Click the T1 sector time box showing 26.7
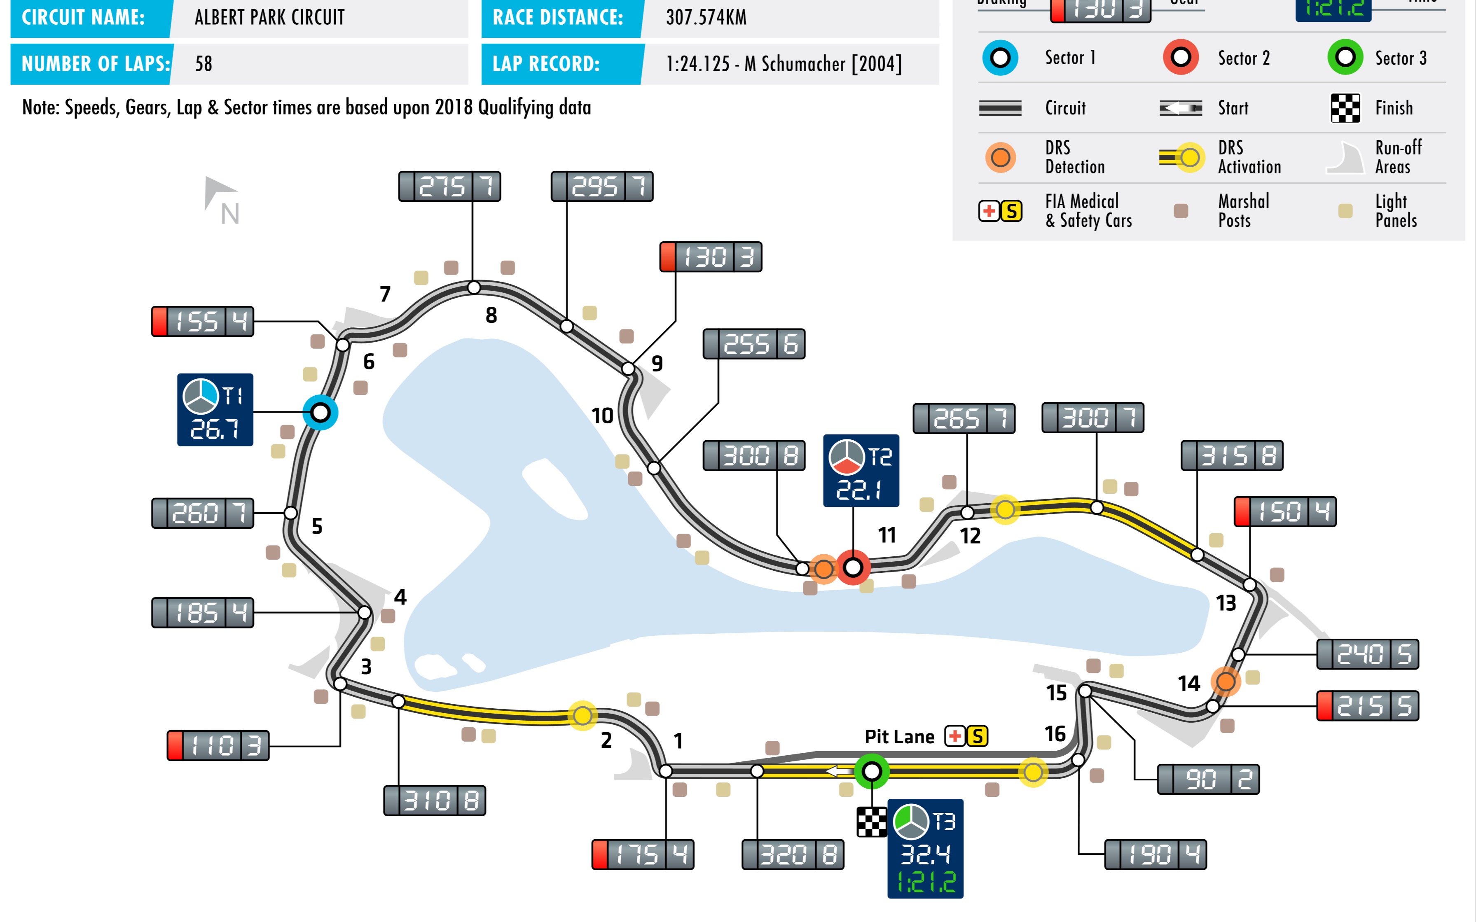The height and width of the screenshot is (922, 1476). [215, 409]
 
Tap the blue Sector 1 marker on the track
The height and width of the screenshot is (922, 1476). [320, 413]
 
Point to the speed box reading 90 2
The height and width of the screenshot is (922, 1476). [1208, 779]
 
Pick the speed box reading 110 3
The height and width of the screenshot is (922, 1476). [218, 745]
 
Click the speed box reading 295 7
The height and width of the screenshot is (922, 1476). [601, 187]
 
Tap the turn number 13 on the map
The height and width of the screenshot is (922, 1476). [1226, 603]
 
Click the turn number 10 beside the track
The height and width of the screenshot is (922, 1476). [602, 416]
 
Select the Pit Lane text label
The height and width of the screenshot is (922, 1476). [899, 737]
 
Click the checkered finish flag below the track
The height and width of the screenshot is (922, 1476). [872, 822]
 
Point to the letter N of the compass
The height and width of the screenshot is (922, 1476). [230, 214]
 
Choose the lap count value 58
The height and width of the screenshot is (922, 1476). [204, 64]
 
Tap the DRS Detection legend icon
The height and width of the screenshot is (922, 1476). [1000, 157]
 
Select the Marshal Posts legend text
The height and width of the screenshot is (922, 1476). [1243, 210]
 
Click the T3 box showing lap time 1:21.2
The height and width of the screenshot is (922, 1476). [925, 848]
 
